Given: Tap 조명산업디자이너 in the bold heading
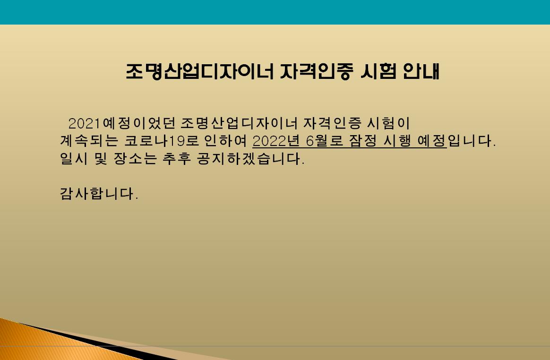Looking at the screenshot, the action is (199, 72).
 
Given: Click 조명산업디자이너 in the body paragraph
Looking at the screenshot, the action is (239, 123).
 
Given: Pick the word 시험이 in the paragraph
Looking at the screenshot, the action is (388, 123).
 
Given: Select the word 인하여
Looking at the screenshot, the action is (225, 141).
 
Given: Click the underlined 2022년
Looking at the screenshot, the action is (276, 141).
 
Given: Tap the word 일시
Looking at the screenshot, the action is (74, 159).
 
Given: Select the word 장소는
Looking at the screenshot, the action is (135, 159).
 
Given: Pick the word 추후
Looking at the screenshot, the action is (176, 159).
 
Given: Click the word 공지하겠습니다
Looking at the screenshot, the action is (250, 159).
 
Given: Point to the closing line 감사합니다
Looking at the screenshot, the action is (99, 193).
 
